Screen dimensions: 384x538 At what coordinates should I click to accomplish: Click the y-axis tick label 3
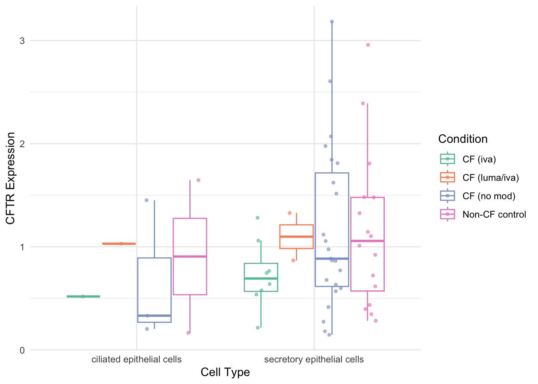tap(22, 41)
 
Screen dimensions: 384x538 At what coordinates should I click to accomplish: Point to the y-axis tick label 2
tap(22, 144)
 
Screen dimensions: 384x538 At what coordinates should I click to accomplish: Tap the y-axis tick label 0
tap(22, 350)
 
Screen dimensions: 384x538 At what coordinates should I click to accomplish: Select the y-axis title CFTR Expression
tap(11, 178)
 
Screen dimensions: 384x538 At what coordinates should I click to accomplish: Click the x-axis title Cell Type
tap(225, 372)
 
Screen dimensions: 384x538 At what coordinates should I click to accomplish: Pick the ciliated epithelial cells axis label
tap(137, 360)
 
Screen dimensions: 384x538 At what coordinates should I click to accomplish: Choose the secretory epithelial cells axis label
tap(314, 360)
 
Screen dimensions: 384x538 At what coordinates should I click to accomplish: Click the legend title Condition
tap(463, 139)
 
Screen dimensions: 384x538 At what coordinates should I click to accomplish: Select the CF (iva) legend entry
tap(479, 159)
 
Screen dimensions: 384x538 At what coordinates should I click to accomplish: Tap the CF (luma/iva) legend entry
tap(490, 178)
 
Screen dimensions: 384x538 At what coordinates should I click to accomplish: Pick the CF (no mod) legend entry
tap(488, 196)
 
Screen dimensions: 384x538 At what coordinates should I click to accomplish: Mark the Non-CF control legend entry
tap(494, 214)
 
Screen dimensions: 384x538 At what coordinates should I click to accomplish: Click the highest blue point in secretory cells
tap(332, 22)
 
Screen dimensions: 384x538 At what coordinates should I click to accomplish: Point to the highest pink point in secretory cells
tap(368, 45)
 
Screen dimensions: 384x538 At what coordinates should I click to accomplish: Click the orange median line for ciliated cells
tap(119, 244)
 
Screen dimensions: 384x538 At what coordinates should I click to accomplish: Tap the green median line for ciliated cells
tap(83, 296)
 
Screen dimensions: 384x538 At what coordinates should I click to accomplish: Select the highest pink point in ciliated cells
tap(198, 180)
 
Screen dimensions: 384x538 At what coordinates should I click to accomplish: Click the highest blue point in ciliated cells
tap(147, 200)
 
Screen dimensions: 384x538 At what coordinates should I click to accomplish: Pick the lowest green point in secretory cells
tap(258, 328)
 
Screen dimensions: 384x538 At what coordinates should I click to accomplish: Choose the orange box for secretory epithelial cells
tap(296, 237)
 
